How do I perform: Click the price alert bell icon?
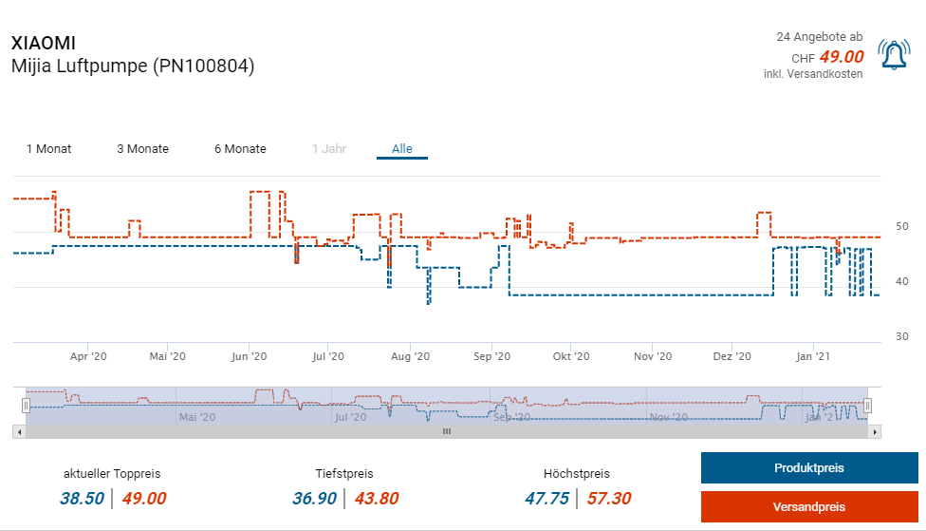click(x=894, y=56)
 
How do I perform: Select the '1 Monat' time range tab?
click(x=48, y=149)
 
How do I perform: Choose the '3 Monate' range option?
click(x=142, y=149)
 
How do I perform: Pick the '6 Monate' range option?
click(x=240, y=149)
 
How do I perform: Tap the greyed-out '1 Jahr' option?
click(x=329, y=149)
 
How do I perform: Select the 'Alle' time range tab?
click(x=402, y=149)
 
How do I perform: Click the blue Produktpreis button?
click(x=809, y=468)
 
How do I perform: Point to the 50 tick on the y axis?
click(x=902, y=226)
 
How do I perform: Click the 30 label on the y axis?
click(x=902, y=337)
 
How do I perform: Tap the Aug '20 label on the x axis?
click(x=410, y=356)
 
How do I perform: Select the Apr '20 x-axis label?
click(x=89, y=356)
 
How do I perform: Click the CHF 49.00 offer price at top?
click(x=841, y=57)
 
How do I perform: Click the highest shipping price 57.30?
click(x=607, y=499)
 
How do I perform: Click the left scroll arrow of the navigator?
click(x=17, y=431)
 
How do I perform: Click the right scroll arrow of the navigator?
click(x=876, y=431)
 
